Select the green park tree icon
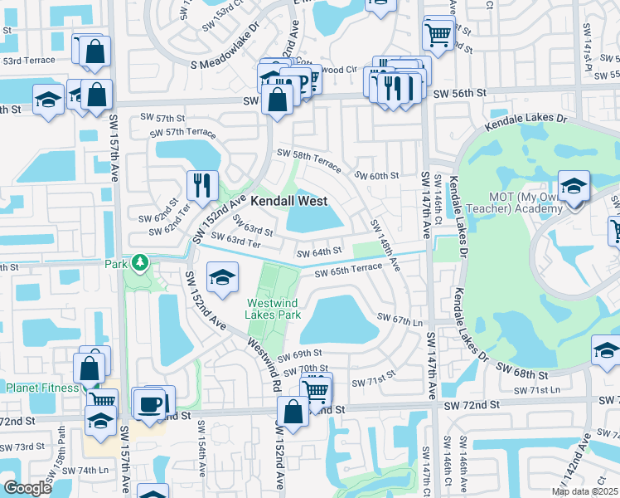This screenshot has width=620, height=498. click(x=140, y=264)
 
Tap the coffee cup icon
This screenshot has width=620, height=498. click(x=150, y=404)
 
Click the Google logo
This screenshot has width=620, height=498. click(x=27, y=488)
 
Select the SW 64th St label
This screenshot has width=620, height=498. click(x=321, y=251)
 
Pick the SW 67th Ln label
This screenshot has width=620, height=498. click(x=400, y=319)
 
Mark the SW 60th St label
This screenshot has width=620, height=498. click(x=377, y=175)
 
